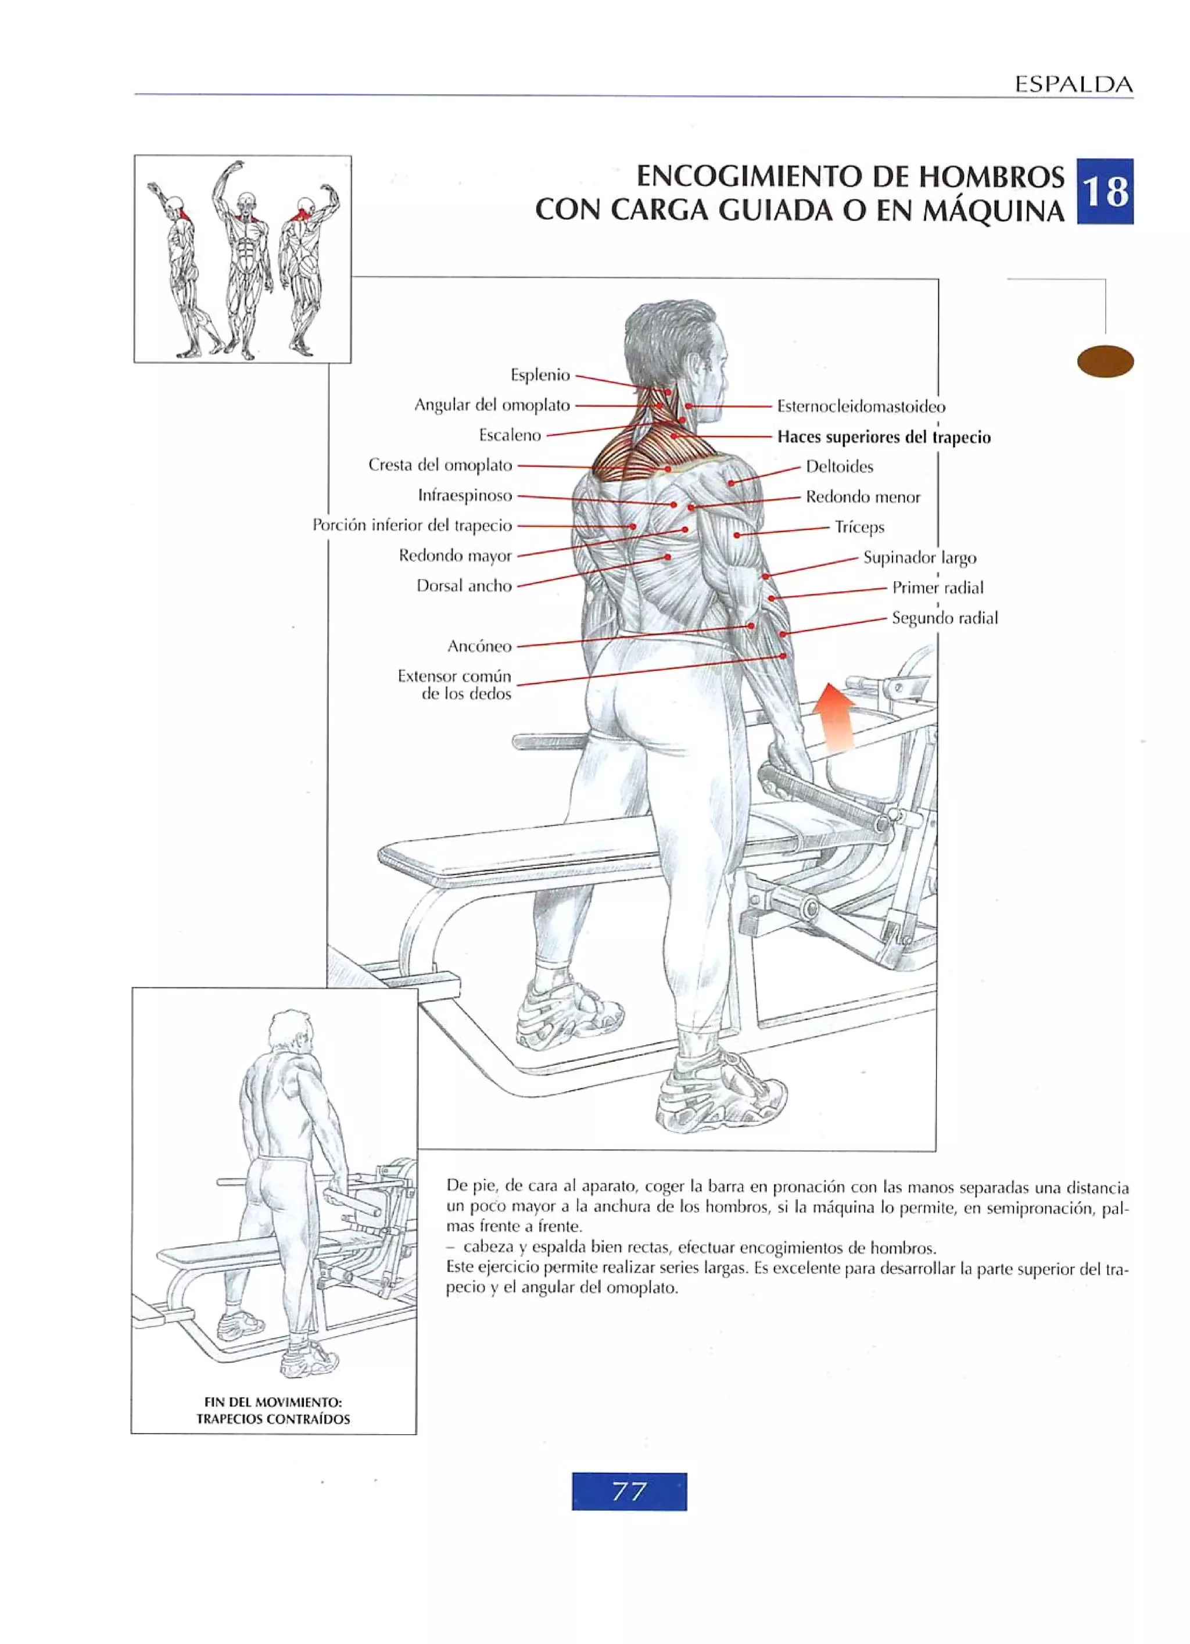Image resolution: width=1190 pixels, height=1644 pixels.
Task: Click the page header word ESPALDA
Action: (1073, 85)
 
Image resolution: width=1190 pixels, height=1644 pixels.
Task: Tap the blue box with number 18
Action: (1105, 192)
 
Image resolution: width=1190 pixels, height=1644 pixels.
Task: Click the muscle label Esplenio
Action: (540, 375)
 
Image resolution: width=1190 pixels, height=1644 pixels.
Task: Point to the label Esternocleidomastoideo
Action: (861, 406)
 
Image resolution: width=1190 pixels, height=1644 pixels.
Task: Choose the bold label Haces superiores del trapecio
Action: (883, 437)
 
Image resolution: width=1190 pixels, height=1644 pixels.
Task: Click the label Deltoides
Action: (839, 467)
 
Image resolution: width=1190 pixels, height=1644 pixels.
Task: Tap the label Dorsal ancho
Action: (464, 586)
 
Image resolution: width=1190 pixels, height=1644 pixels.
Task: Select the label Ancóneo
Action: (479, 646)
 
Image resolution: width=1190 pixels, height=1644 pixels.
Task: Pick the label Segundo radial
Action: (944, 618)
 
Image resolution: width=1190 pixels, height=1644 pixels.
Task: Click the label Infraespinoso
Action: (464, 496)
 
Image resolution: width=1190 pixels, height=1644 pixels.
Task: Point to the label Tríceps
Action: (859, 527)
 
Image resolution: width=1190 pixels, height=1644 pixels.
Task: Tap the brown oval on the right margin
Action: (1105, 361)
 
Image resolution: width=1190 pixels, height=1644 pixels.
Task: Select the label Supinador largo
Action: (919, 557)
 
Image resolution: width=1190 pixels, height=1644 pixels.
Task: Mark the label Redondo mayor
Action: (455, 556)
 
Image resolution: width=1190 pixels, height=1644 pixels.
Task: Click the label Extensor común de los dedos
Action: (454, 685)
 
